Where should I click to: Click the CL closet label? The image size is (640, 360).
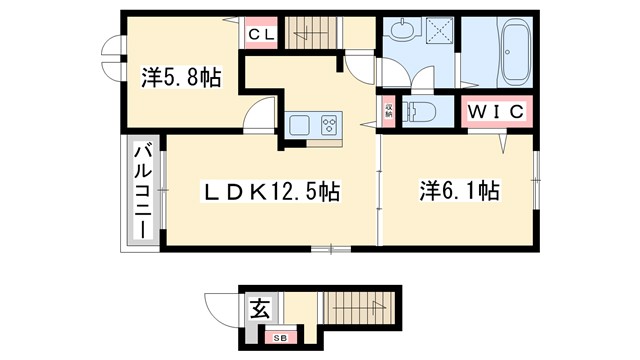point(262,33)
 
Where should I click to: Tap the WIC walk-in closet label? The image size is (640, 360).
point(495,111)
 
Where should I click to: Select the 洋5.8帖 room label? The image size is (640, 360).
point(182,77)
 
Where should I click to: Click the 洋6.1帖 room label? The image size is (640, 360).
point(459,190)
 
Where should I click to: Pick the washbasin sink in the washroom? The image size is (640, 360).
point(401,30)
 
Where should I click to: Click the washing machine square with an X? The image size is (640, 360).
point(438,33)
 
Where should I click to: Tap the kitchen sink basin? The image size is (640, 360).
point(301,125)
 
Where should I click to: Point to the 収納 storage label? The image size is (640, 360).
point(388,110)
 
